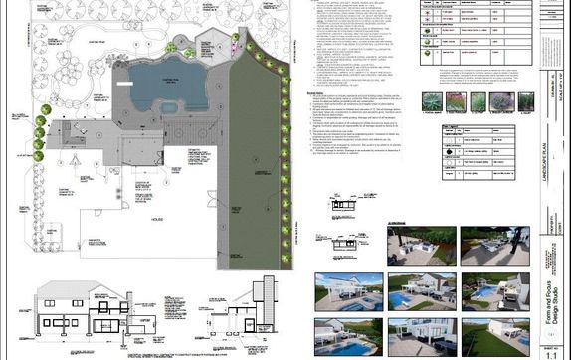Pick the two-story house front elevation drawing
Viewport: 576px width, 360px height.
click(80, 307)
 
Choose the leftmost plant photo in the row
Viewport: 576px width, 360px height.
click(432, 101)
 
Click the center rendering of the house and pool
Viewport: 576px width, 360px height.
click(418, 291)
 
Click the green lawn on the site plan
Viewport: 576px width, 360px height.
click(254, 149)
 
